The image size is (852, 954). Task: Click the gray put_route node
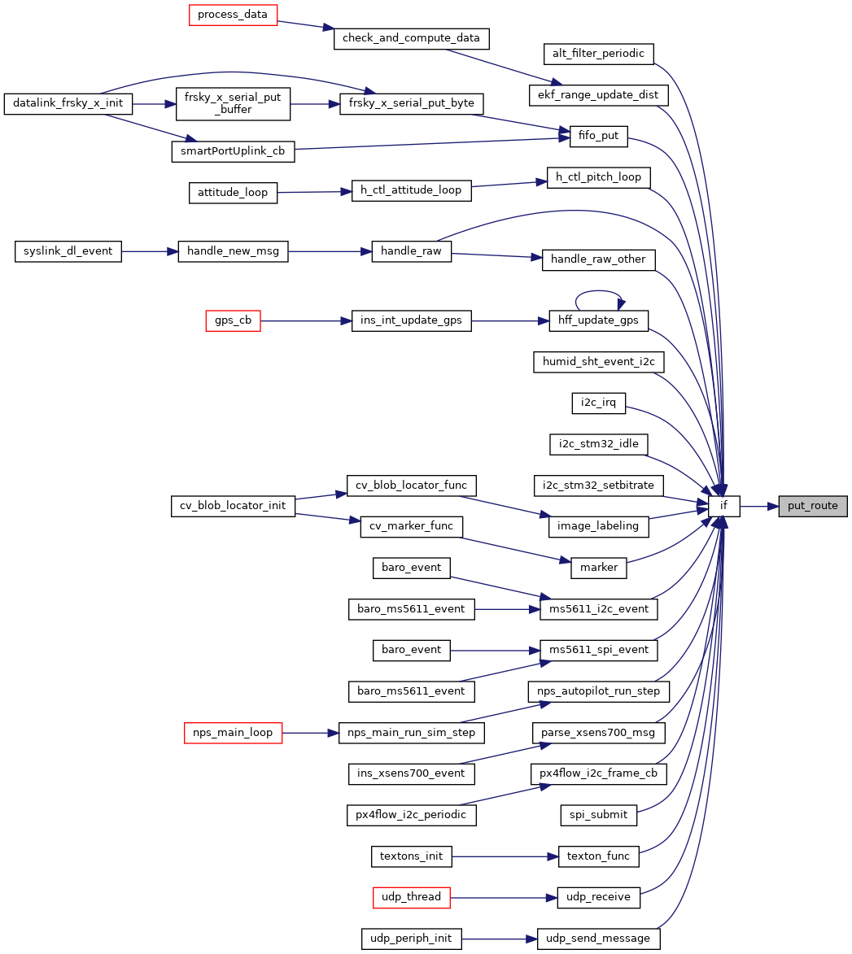pyautogui.click(x=812, y=506)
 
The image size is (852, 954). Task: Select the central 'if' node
pyautogui.click(x=723, y=506)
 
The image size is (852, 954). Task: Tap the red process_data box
pyautogui.click(x=233, y=15)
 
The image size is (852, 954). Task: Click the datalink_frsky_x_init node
pyautogui.click(x=68, y=103)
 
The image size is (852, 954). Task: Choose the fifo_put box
pyautogui.click(x=598, y=136)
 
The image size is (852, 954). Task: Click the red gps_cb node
pyautogui.click(x=233, y=320)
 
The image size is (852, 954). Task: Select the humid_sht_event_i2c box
pyautogui.click(x=599, y=362)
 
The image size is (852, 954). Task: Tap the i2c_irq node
pyautogui.click(x=599, y=403)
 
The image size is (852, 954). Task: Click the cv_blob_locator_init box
pyautogui.click(x=233, y=506)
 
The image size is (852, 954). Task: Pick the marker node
pyautogui.click(x=599, y=568)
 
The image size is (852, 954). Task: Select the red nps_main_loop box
pyautogui.click(x=233, y=733)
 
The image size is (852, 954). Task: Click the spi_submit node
pyautogui.click(x=599, y=815)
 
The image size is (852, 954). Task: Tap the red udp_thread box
pyautogui.click(x=412, y=897)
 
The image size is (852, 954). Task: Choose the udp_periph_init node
pyautogui.click(x=412, y=939)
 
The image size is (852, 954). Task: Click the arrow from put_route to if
pyautogui.click(x=759, y=506)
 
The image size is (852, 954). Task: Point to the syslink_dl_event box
pyautogui.click(x=68, y=251)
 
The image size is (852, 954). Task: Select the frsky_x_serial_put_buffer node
pyautogui.click(x=233, y=104)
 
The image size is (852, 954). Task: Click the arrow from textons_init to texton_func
pyautogui.click(x=505, y=856)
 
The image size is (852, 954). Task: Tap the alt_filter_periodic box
pyautogui.click(x=599, y=54)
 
